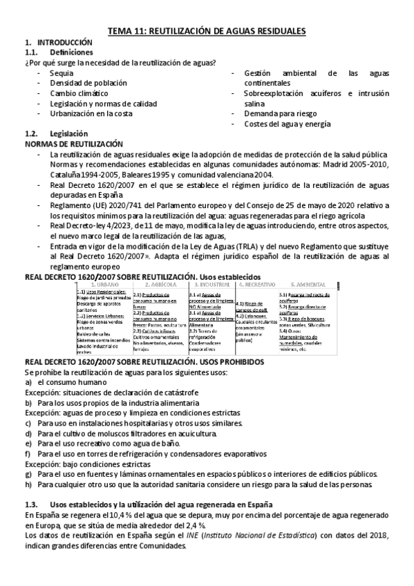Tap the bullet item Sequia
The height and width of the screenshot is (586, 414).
(62, 73)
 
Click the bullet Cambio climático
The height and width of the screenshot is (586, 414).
(79, 93)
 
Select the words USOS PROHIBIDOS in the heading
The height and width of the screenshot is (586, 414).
(232, 361)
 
